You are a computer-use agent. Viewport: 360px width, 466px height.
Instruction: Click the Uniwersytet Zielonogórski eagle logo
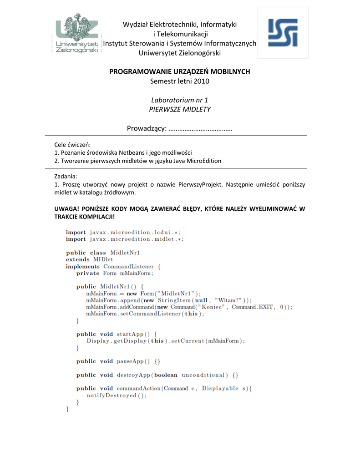(77, 34)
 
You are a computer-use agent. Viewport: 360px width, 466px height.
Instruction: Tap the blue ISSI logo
(283, 33)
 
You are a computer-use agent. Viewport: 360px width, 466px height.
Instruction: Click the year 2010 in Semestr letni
(201, 81)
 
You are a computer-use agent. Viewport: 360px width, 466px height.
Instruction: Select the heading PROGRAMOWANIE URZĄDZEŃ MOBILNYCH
(180, 72)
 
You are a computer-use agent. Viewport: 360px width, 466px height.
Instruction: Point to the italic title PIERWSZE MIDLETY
(180, 109)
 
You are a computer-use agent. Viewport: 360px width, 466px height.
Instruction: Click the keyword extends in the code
(77, 259)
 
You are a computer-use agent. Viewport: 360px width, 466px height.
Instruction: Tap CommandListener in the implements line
(128, 266)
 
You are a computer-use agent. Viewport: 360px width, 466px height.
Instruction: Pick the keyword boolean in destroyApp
(166, 375)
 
